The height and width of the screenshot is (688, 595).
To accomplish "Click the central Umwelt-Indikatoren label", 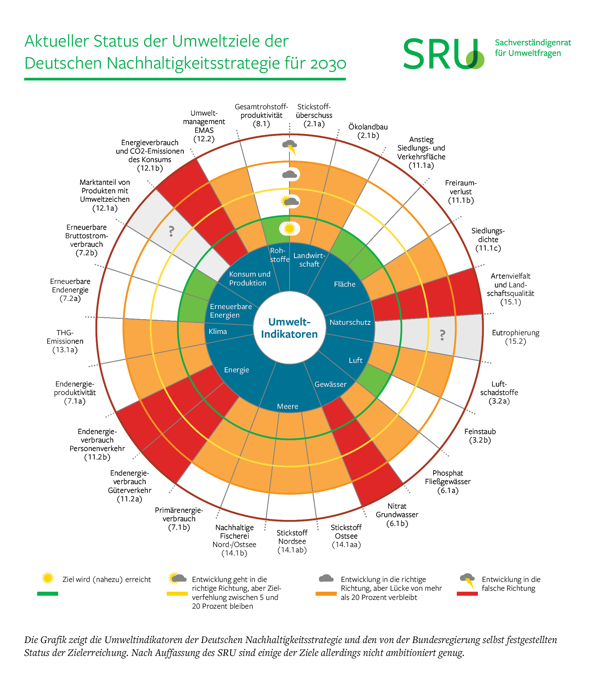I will [x=289, y=328].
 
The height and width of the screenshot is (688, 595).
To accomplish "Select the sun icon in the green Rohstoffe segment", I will [x=290, y=228].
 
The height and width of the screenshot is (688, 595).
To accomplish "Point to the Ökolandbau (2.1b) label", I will [x=368, y=131].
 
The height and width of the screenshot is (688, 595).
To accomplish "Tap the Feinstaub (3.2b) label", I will [x=480, y=436].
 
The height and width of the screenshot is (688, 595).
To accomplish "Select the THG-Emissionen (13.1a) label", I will [x=65, y=341].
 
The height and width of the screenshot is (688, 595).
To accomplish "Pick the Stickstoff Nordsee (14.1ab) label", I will [x=292, y=541].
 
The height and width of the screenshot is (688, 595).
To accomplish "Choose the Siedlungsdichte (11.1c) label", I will [x=488, y=239].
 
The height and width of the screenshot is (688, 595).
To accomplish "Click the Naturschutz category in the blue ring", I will [x=350, y=322].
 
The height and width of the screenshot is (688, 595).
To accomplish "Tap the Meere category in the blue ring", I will [x=288, y=406].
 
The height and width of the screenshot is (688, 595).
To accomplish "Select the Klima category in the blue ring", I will [x=218, y=331].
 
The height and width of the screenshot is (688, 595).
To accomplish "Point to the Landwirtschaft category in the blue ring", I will [x=309, y=260].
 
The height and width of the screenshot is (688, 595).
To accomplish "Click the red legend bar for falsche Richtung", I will [x=467, y=593].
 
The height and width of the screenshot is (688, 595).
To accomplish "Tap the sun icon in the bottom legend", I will [x=48, y=578].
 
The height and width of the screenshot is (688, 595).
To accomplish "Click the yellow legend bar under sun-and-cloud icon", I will [x=177, y=593].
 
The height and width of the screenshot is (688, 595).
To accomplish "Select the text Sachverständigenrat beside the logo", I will [x=533, y=43].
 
